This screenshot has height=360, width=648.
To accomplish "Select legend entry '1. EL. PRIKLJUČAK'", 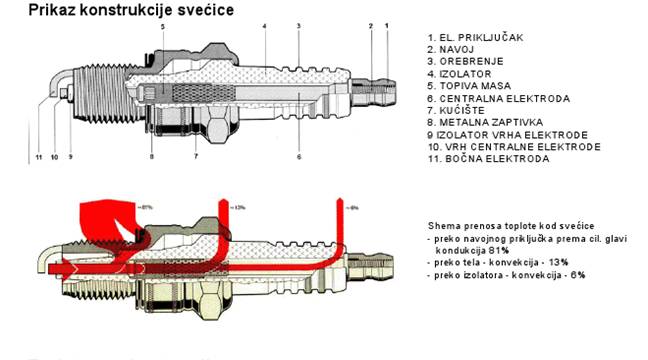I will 474,37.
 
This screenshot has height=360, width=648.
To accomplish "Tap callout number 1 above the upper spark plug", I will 387,24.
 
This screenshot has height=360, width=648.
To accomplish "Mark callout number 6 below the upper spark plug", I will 299,157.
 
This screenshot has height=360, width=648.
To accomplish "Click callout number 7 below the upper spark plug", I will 196,157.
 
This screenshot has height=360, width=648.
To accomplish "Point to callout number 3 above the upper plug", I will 298,24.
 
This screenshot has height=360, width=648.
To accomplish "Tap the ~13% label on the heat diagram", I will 239,207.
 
